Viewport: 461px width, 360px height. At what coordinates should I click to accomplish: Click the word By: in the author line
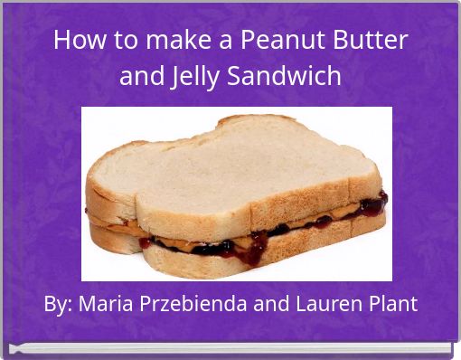pos(59,304)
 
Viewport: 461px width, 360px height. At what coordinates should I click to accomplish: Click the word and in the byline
pos(274,304)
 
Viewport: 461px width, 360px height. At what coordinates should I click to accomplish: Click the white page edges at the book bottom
pos(230,348)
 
